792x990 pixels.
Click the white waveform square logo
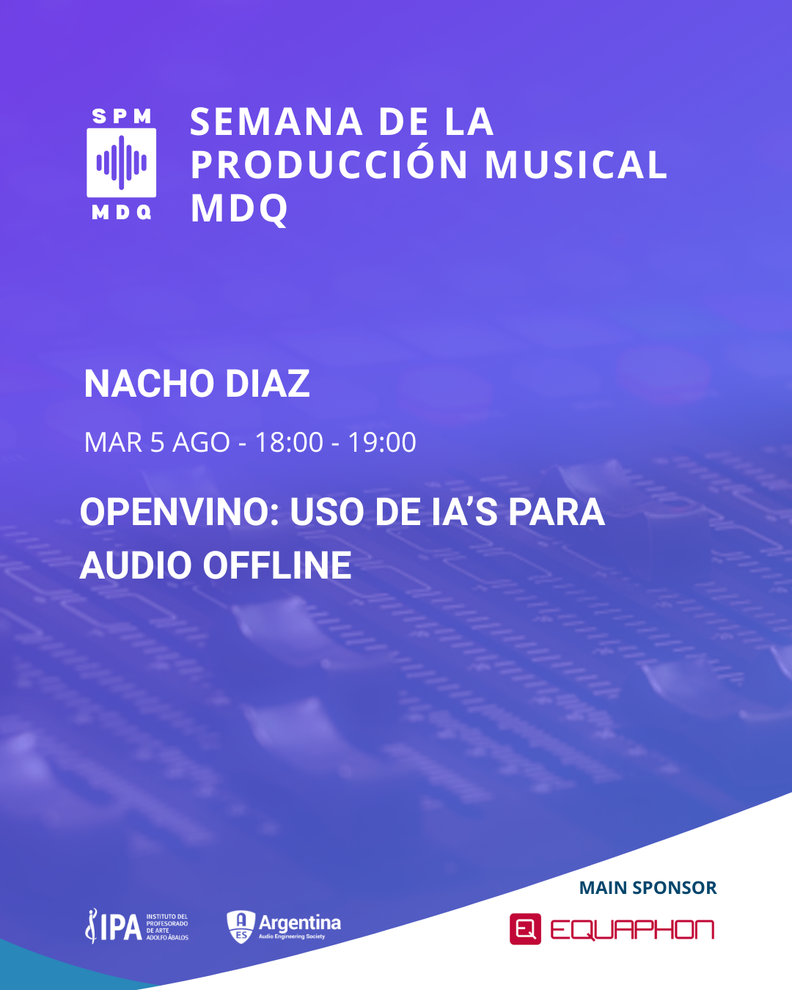tap(121, 163)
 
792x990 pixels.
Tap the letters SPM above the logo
tap(122, 117)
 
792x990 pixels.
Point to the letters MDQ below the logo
tap(122, 212)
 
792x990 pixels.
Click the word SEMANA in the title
tap(276, 122)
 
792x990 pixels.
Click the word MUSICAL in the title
tap(576, 165)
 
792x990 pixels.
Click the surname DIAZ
tap(268, 384)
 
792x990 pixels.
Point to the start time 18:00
tap(289, 442)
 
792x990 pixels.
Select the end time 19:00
tap(382, 442)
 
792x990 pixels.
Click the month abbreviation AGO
tap(201, 442)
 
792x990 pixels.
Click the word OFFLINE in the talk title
tap(277, 565)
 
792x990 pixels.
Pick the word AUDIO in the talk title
tap(136, 565)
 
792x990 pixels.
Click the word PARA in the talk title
tap(557, 512)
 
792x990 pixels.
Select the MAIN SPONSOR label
tap(648, 887)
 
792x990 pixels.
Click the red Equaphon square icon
tap(525, 929)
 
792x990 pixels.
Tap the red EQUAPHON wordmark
tap(632, 929)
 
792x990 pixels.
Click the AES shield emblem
tap(241, 926)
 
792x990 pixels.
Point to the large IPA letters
tap(120, 927)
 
